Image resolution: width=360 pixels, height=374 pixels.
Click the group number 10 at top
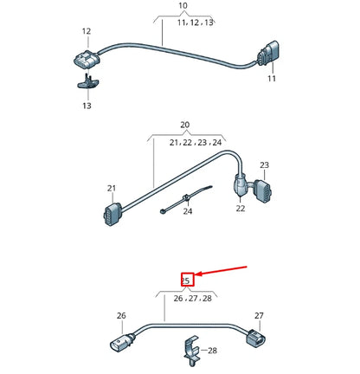point(183,7)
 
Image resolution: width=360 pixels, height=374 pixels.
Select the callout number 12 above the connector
point(87,31)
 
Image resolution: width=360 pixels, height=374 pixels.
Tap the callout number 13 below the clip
point(87,105)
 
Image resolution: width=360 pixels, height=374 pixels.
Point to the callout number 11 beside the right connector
point(271,79)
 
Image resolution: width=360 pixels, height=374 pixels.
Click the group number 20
point(184,126)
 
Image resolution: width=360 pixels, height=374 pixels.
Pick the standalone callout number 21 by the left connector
point(112,187)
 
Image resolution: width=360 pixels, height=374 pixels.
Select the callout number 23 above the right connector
point(264,164)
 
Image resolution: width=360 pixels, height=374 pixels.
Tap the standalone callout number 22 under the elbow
point(241,208)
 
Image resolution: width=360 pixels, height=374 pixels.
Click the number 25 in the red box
point(185,279)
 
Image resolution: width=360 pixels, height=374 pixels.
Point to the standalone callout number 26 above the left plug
point(121,317)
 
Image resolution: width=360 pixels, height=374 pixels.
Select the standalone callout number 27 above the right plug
point(259,316)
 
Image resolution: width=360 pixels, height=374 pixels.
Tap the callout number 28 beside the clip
point(213,350)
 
